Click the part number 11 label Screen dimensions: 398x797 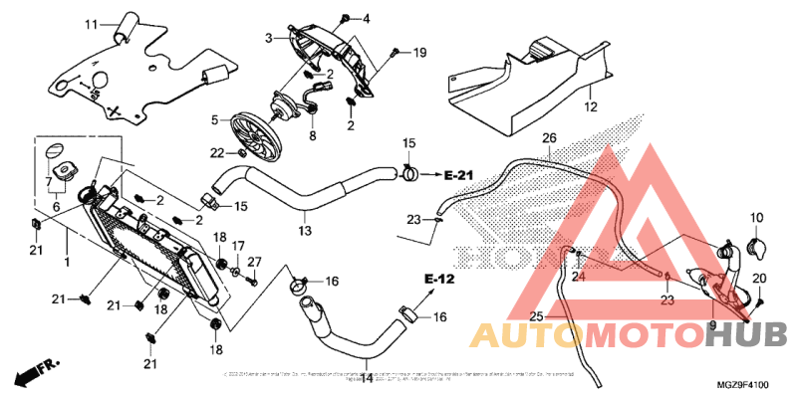[x=91, y=25]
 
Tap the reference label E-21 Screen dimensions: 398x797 [x=457, y=175]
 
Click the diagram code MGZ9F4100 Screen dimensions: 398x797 [x=743, y=384]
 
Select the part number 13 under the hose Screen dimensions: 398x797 [x=304, y=231]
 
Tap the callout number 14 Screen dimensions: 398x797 [x=366, y=378]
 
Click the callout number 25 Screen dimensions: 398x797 [x=535, y=316]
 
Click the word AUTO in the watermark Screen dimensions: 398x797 [x=520, y=335]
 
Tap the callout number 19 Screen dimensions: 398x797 [x=419, y=51]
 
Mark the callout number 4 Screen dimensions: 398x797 [x=365, y=19]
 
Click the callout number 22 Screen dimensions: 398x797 [x=216, y=152]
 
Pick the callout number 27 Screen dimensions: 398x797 [x=254, y=261]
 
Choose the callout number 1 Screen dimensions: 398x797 [x=67, y=262]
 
